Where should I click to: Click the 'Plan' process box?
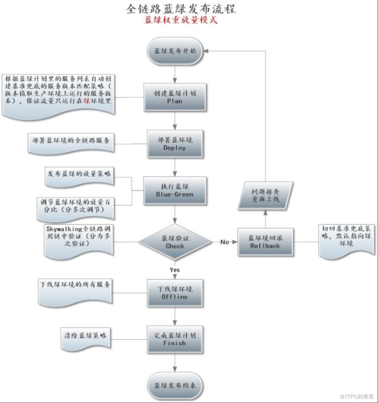click(175, 97)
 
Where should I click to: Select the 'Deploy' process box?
click(175, 144)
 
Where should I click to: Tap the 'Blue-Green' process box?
click(175, 190)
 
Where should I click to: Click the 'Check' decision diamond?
click(175, 242)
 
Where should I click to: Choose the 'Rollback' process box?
click(265, 242)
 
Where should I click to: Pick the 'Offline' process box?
click(175, 293)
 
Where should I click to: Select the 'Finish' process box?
click(175, 340)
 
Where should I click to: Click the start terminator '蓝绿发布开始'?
click(175, 51)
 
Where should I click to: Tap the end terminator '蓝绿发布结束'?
click(175, 386)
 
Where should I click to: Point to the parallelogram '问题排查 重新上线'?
click(265, 196)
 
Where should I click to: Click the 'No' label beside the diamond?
click(225, 242)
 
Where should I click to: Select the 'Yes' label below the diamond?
click(175, 270)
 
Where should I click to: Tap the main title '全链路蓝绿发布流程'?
click(181, 9)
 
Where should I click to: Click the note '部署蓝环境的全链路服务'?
click(71, 143)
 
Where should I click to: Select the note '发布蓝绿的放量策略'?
click(79, 177)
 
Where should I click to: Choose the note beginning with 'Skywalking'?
click(79, 241)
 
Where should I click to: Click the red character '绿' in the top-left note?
click(87, 101)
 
